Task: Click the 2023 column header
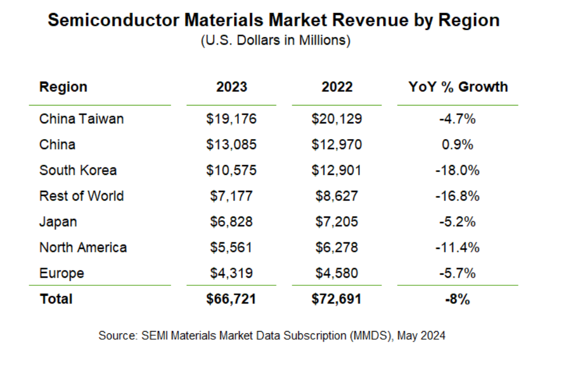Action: [231, 87]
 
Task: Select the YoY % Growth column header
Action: [458, 87]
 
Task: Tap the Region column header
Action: [63, 87]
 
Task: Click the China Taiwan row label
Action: [82, 119]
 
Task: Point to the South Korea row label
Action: [78, 170]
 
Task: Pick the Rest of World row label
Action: [82, 195]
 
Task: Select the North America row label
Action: [83, 247]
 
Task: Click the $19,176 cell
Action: [231, 119]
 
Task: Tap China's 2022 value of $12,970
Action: [336, 144]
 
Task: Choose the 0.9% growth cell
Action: [457, 144]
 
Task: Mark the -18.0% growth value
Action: [457, 170]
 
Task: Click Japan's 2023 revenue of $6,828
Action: [231, 221]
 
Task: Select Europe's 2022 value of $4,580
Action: [336, 273]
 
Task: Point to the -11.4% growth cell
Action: [457, 247]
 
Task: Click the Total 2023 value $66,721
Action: [231, 299]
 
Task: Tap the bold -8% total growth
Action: [457, 299]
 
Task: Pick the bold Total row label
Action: [56, 299]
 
